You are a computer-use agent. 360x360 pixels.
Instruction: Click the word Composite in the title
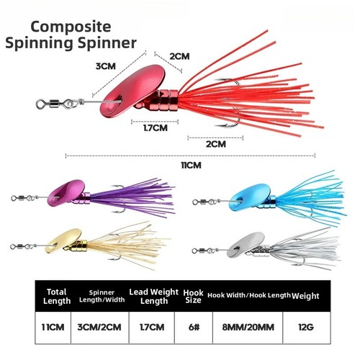click(71, 27)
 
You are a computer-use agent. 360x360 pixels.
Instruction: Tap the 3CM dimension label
click(106, 66)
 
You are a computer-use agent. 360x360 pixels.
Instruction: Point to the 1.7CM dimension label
click(156, 128)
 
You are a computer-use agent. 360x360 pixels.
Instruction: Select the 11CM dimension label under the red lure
click(191, 166)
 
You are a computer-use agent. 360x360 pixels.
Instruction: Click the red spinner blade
click(132, 91)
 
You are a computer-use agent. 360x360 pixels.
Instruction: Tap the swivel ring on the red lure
click(41, 104)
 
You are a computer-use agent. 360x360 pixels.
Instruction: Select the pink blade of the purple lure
click(66, 193)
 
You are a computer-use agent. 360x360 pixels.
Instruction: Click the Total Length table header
click(57, 297)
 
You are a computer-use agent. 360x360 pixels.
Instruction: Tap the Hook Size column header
click(193, 297)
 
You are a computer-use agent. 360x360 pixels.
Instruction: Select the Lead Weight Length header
click(154, 297)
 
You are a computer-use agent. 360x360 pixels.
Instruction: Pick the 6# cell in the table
click(194, 327)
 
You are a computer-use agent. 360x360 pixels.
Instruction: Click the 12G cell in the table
click(306, 327)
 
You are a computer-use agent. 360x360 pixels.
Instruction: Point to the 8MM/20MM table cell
click(248, 327)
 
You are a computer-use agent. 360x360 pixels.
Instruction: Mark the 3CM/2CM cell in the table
click(99, 327)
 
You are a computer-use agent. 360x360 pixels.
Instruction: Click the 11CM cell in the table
click(53, 327)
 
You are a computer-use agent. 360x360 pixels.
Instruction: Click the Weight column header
click(305, 296)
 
